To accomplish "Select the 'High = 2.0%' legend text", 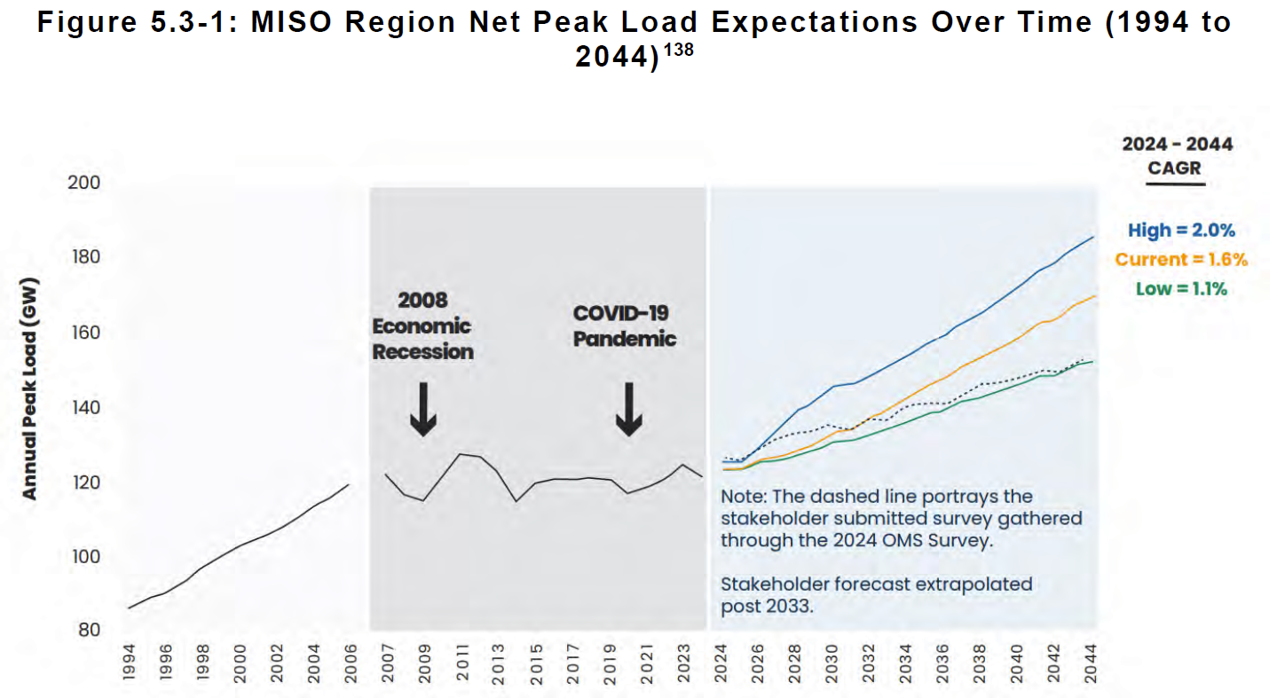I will point(1181,231).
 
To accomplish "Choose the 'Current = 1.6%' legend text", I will point(1181,260).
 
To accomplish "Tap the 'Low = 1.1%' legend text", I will point(1181,288).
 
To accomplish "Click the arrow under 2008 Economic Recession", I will point(423,409).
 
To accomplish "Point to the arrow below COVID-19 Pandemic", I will point(628,409).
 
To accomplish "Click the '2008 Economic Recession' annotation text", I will point(422,325).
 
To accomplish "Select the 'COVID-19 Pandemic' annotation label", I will point(624,325).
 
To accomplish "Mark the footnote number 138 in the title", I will point(679,51).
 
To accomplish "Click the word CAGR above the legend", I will point(1175,168).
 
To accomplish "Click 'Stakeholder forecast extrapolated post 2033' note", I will point(877,596).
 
